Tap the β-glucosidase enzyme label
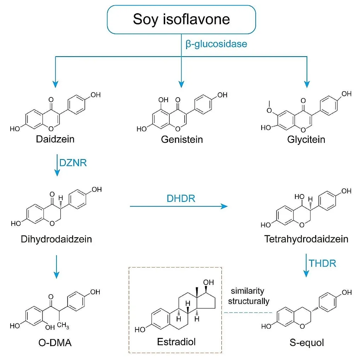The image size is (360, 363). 216,44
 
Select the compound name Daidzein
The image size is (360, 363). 55,139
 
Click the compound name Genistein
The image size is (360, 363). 182,140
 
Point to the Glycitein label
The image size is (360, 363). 306,140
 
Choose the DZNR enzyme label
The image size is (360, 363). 73,163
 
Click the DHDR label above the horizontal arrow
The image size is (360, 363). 181,199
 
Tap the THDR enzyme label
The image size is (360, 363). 322,263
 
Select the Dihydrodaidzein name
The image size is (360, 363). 56,239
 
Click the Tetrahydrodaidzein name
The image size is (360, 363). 306,239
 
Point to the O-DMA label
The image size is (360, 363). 54,342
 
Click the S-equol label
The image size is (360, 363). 306,342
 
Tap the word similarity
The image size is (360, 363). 248,291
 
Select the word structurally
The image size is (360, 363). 249,301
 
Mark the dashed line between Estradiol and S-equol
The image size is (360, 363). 248,312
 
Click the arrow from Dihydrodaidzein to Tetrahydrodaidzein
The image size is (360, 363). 179,206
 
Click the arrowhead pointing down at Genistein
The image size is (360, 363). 181,84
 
